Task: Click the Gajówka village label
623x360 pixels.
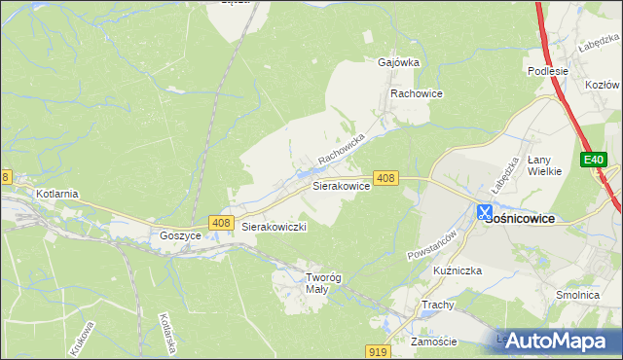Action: coord(397,62)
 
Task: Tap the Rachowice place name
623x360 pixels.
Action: coord(417,93)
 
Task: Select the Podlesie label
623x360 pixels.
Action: coord(546,71)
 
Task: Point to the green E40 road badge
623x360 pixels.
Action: coord(595,160)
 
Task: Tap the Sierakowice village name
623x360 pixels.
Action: coord(340,185)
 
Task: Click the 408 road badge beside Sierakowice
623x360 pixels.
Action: coord(385,178)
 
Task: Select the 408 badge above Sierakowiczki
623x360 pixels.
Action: coord(220,224)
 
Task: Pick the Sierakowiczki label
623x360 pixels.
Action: coord(275,227)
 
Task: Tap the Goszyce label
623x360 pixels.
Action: coord(180,235)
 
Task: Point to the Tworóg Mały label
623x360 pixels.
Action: coord(311,282)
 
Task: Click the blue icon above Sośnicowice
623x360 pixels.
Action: coord(484,210)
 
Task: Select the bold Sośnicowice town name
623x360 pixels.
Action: coord(519,219)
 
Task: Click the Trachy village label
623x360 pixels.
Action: coord(438,305)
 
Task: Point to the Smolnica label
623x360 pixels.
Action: coord(577,295)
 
